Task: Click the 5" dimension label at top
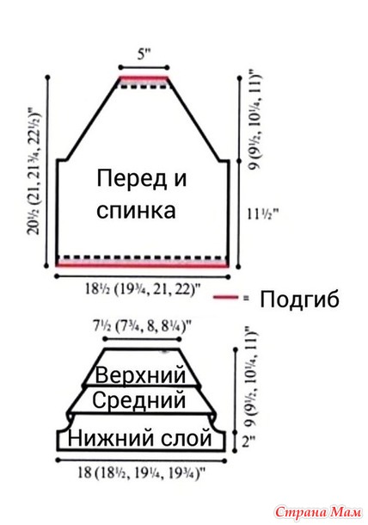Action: click(144, 54)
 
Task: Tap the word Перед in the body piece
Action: click(132, 178)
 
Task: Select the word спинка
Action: click(136, 211)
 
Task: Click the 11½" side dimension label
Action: click(263, 213)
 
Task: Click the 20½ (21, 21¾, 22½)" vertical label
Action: click(34, 171)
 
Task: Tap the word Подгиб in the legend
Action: click(299, 299)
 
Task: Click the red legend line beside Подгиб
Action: click(226, 297)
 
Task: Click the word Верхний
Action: click(140, 375)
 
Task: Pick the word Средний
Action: click(138, 400)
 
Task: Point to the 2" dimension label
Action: click(248, 442)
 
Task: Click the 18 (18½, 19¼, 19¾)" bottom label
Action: click(141, 473)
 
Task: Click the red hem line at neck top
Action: click(144, 78)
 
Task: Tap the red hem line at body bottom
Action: click(143, 265)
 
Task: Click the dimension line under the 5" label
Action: click(144, 68)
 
